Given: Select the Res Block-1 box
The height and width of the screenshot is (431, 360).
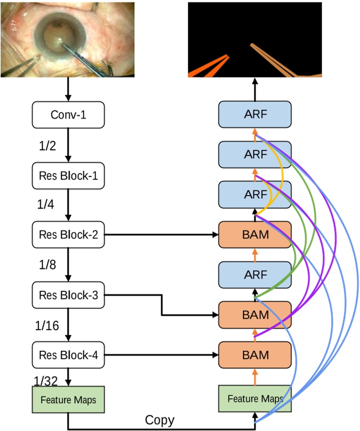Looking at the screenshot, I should (x=68, y=175).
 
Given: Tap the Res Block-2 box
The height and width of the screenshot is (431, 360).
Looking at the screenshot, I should (x=68, y=235).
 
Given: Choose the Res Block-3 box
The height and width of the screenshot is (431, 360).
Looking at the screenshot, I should (x=68, y=295).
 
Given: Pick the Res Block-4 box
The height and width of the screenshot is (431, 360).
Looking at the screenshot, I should (x=68, y=354).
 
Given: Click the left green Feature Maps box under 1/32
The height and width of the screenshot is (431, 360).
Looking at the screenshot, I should (x=68, y=401).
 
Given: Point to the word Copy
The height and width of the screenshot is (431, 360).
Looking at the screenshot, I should (x=159, y=420).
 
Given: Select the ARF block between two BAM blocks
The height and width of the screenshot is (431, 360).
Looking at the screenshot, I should (x=255, y=274).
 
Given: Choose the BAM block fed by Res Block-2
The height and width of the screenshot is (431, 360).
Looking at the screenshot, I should (x=255, y=235).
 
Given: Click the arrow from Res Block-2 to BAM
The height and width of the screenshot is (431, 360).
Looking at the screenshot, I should (x=162, y=235).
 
